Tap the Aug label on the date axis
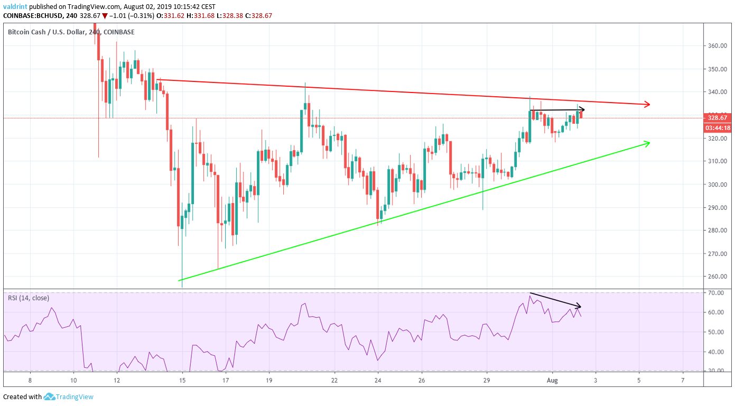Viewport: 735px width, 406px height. click(552, 380)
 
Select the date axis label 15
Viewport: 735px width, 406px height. click(182, 380)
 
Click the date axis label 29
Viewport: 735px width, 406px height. click(487, 380)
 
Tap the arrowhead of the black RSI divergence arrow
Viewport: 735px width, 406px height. click(579, 306)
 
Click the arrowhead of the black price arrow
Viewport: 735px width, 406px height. click(582, 110)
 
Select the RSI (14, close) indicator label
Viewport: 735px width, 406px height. click(29, 298)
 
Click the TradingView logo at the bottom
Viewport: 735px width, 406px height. click(68, 396)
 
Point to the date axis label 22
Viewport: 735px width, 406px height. click(334, 380)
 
